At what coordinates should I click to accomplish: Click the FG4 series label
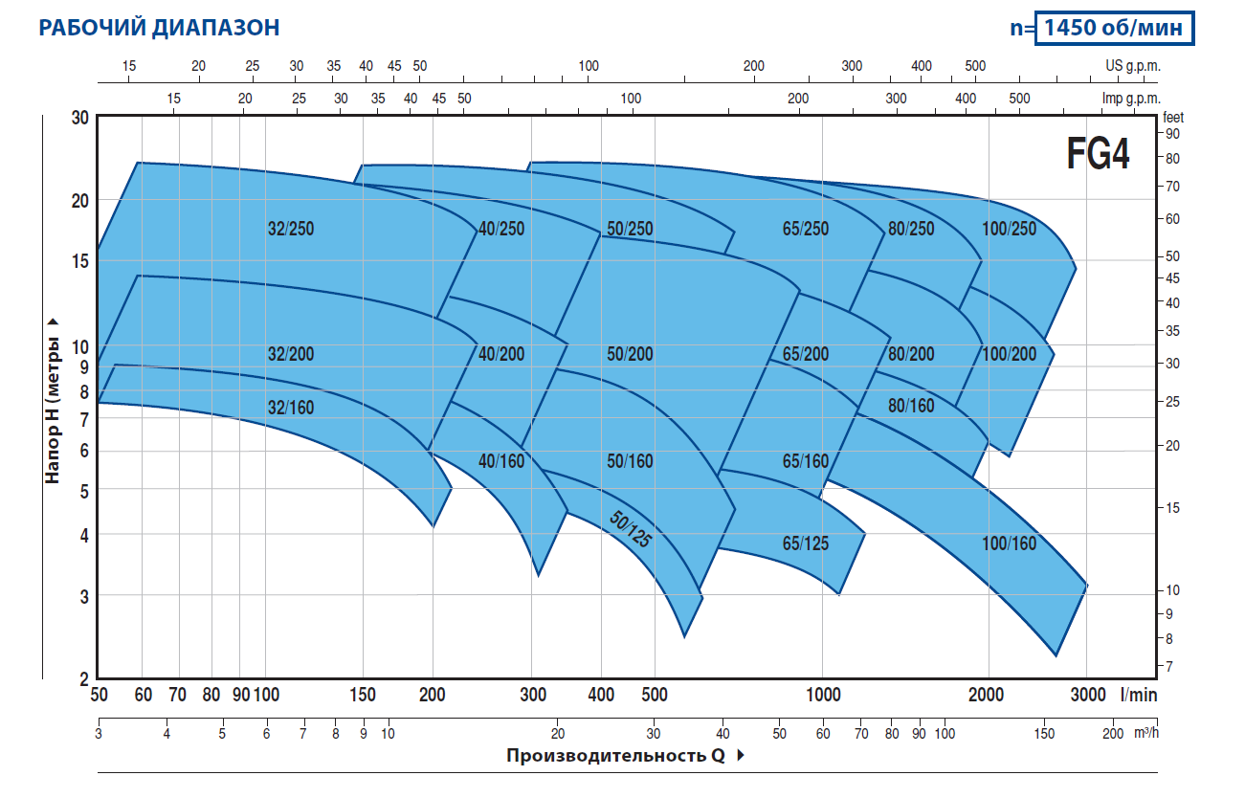coord(1098,154)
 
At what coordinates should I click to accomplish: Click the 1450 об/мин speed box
coord(1117,28)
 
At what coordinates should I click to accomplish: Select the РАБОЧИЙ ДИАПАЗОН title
coord(159,28)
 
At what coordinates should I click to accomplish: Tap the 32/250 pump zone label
coord(291,229)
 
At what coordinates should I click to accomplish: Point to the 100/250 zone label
coord(1009,229)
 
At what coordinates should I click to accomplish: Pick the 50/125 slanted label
coord(631,527)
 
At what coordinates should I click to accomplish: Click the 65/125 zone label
coord(806,543)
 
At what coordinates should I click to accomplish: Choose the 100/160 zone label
coord(1009,543)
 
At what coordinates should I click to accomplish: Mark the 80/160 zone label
coord(911,406)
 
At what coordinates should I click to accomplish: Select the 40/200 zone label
coord(501,354)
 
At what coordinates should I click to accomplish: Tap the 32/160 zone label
coord(291,408)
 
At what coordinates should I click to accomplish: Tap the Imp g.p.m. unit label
coord(1130,99)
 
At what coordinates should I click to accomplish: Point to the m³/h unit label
coord(1145,733)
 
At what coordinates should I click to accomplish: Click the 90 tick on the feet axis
coord(1172,133)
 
